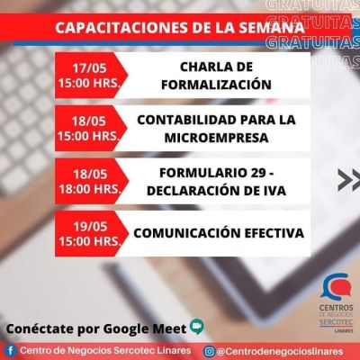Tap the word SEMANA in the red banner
272,28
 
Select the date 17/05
89,68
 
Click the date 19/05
90,227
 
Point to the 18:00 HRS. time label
90,189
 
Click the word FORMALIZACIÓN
216,85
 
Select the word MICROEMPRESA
216,138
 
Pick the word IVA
274,191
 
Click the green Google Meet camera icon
197,327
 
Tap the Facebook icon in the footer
11,351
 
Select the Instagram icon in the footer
209,351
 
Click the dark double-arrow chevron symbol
349,180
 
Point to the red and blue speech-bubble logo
336,287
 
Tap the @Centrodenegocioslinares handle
280,351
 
